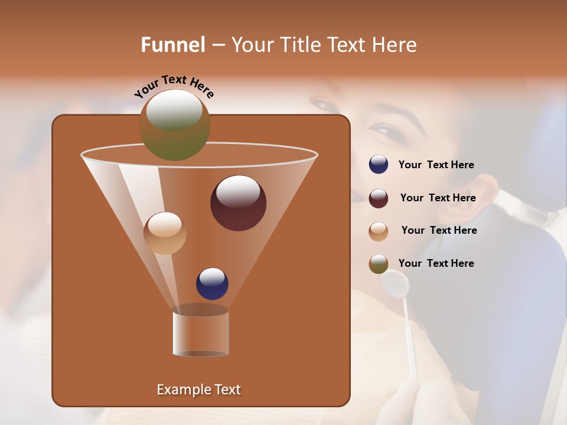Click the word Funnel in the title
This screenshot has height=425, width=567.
(173, 45)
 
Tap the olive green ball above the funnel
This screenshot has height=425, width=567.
(175, 125)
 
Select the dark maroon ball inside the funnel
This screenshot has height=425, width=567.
(238, 203)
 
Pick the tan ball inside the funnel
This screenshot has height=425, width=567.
(165, 233)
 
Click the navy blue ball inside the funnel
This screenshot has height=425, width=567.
(212, 283)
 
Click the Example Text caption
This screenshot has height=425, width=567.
(198, 390)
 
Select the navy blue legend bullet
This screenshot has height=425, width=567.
(379, 165)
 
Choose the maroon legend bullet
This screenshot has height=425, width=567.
(379, 198)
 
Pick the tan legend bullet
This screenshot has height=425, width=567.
(379, 231)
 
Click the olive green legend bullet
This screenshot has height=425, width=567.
(379, 264)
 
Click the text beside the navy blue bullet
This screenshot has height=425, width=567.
(436, 165)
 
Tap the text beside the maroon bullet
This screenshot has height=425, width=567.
(438, 198)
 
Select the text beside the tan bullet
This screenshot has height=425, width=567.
(439, 231)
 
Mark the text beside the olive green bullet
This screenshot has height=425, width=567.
(436, 263)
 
